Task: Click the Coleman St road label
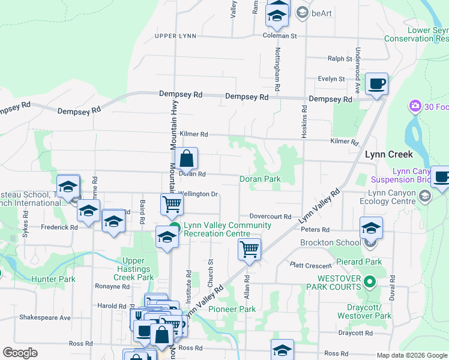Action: [280, 36]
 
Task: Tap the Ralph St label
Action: [339, 59]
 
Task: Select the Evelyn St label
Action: [331, 79]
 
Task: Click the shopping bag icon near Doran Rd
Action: [187, 160]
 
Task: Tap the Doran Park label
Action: [260, 179]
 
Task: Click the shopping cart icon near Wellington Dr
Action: [172, 204]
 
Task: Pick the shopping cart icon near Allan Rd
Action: [249, 248]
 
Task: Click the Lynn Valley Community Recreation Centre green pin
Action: [175, 227]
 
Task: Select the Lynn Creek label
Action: [389, 154]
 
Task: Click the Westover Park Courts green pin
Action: [370, 281]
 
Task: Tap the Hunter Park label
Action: [53, 279]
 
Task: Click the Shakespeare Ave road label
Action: [45, 317]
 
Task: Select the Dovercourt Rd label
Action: [270, 217]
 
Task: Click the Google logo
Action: [20, 353]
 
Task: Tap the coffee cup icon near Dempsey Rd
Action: [376, 84]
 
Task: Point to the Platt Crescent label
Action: [310, 265]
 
